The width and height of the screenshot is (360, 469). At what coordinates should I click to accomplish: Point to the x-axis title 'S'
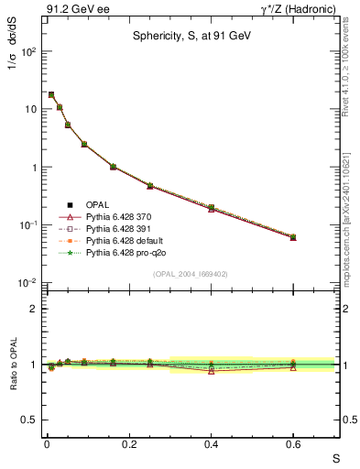click(336, 458)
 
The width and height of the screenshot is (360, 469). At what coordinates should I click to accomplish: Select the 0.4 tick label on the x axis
click(211, 444)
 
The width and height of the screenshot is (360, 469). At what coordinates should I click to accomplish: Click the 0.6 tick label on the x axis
click(293, 444)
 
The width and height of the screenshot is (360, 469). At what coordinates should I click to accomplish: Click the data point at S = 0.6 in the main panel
click(293, 237)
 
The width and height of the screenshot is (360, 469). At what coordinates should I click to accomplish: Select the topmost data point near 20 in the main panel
click(51, 94)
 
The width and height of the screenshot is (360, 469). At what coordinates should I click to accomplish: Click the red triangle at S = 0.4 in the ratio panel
click(211, 370)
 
